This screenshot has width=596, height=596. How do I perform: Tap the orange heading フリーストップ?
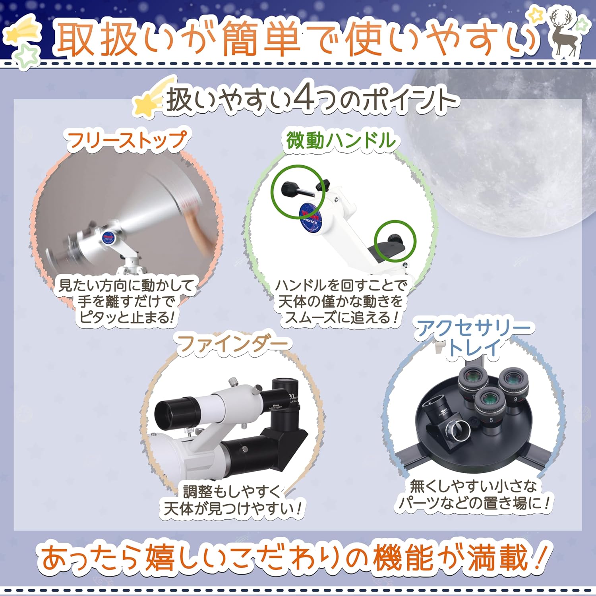[x=126, y=140]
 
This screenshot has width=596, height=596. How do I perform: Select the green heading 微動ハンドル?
[x=341, y=140]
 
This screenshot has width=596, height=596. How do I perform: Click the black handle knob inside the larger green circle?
[x=296, y=190]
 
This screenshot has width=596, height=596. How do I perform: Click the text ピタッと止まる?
[x=127, y=317]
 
